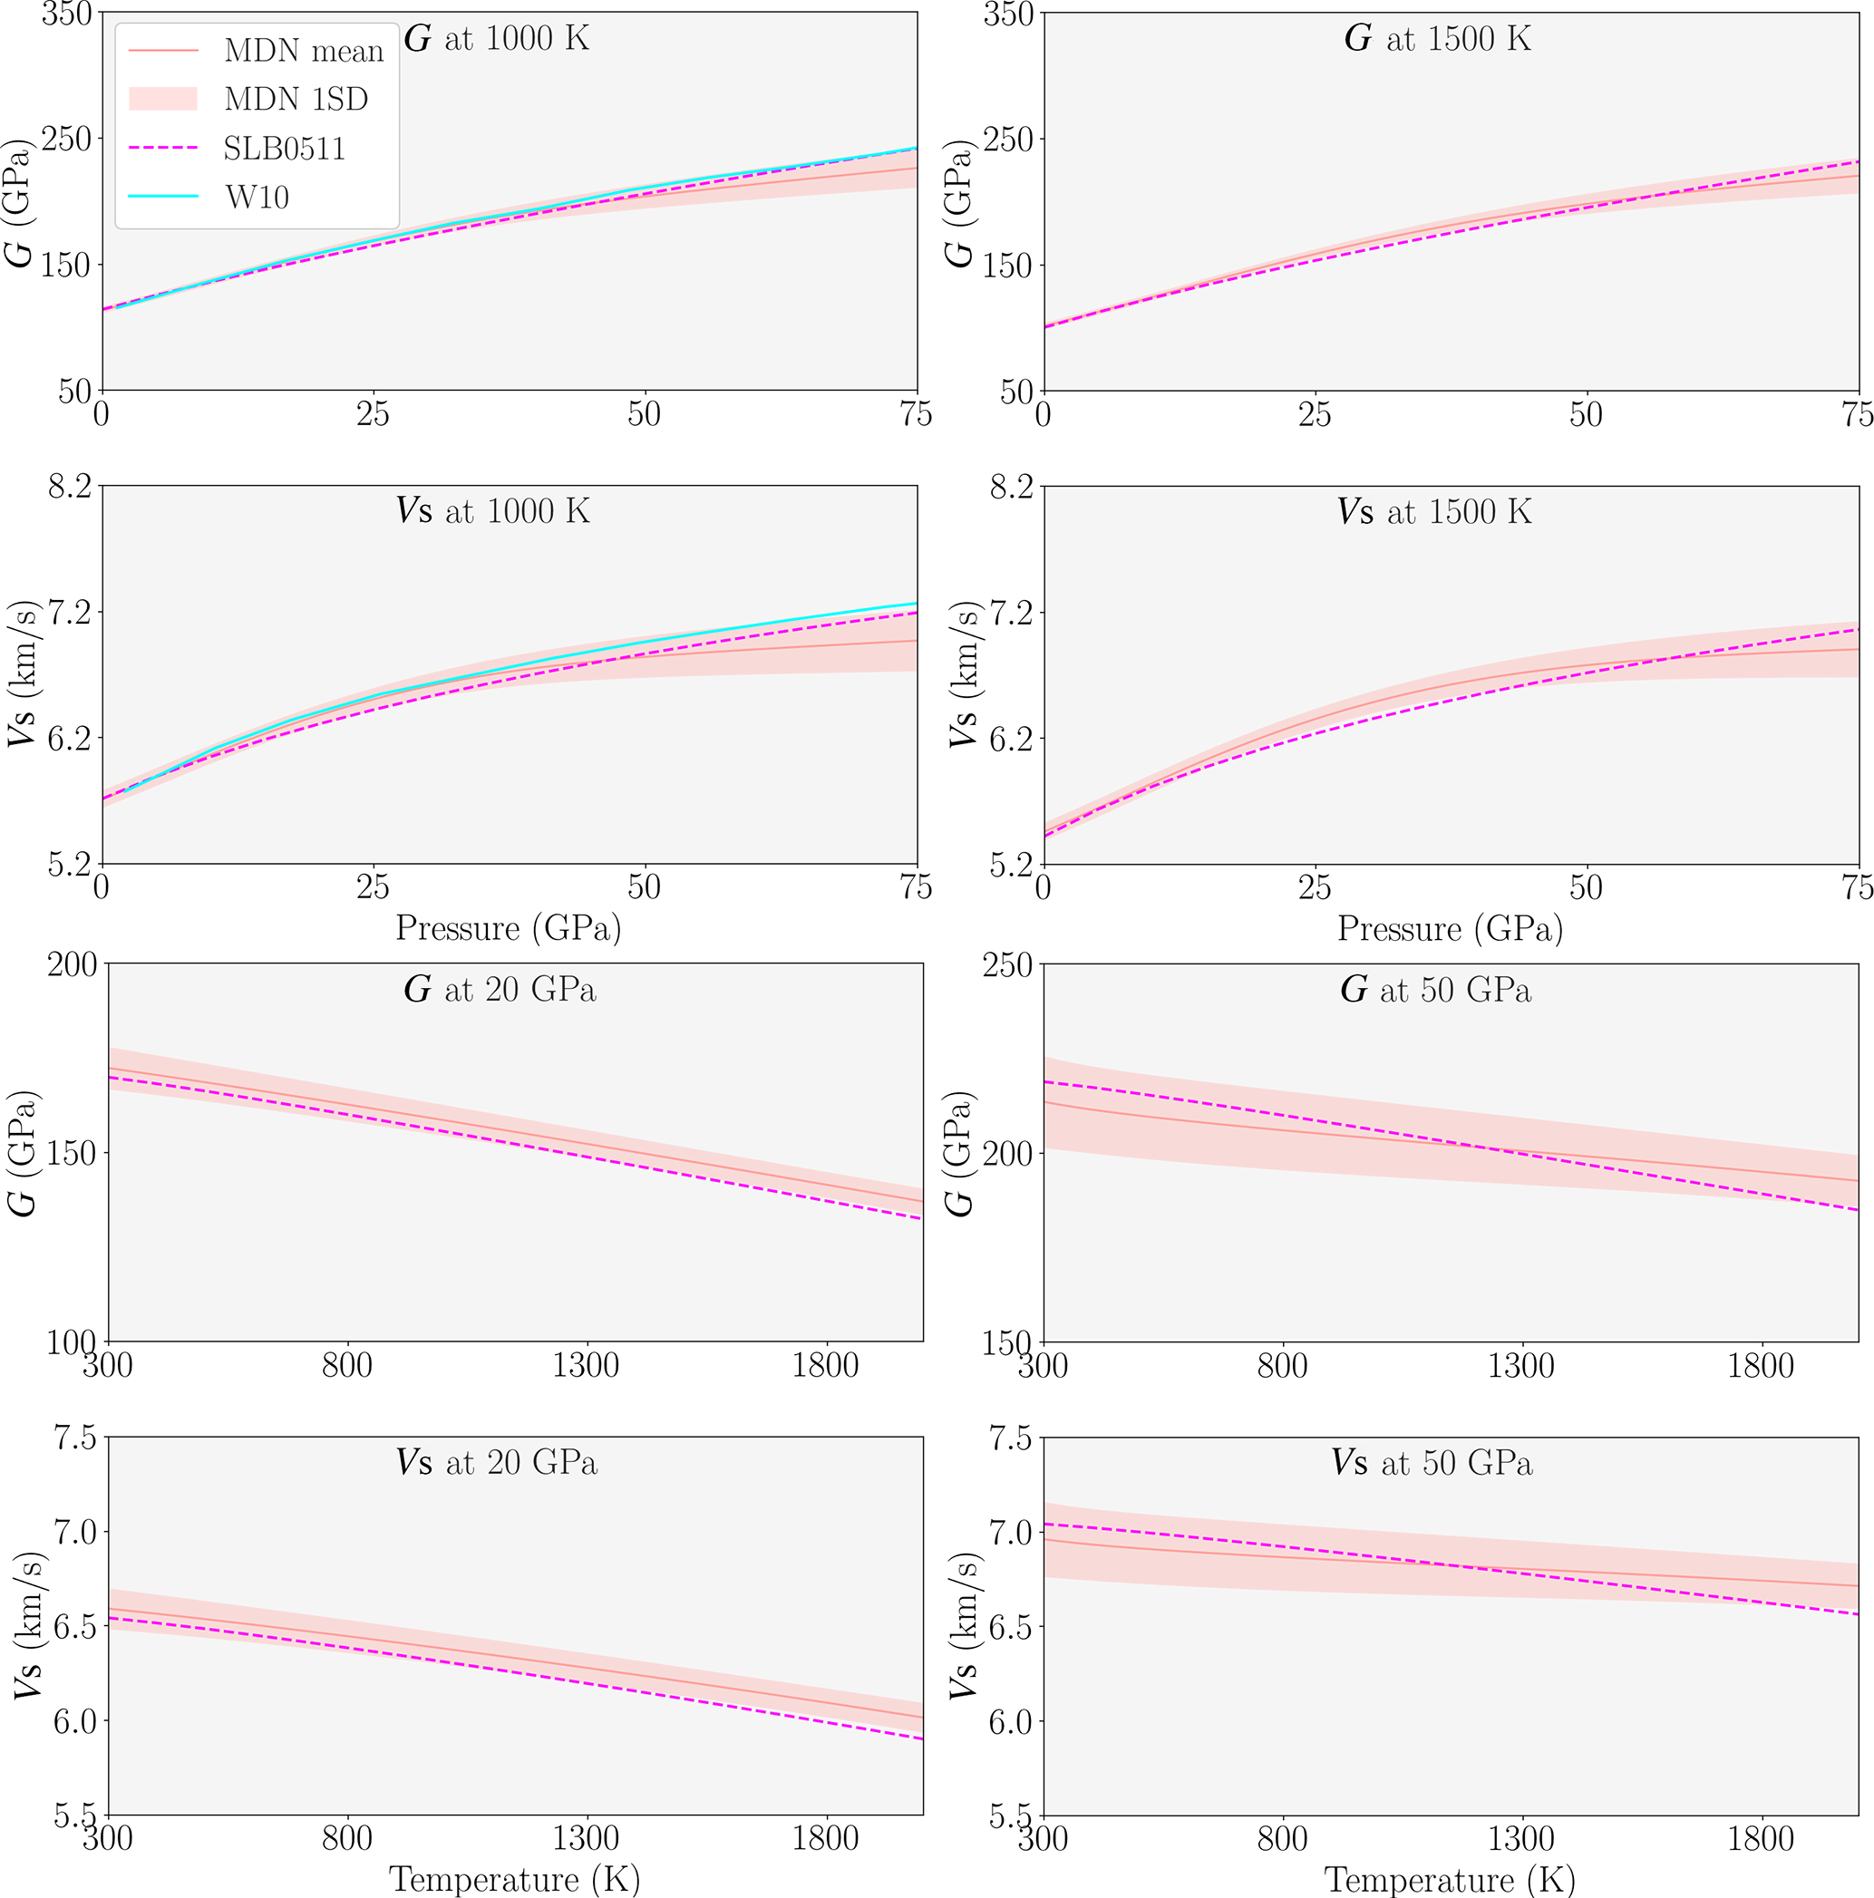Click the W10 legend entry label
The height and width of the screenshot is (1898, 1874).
pyautogui.click(x=257, y=198)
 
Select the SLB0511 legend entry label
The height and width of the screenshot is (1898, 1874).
pyautogui.click(x=284, y=149)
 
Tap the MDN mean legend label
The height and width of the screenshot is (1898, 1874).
pyautogui.click(x=304, y=50)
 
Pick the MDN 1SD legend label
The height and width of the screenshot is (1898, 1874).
pyautogui.click(x=296, y=99)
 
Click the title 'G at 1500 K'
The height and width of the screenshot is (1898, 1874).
pyautogui.click(x=1437, y=39)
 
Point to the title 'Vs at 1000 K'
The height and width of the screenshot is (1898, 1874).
pyautogui.click(x=493, y=512)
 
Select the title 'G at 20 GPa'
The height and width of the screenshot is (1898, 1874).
pyautogui.click(x=500, y=989)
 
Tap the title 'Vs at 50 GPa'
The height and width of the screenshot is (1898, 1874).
pyautogui.click(x=1432, y=1464)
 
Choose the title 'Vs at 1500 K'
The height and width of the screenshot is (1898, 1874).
pyautogui.click(x=1433, y=512)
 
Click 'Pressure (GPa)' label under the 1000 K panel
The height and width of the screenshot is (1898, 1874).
pyautogui.click(x=508, y=928)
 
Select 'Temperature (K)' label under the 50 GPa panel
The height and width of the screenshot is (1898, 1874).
pyautogui.click(x=1450, y=1879)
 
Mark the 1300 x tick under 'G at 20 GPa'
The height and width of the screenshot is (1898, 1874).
pyautogui.click(x=587, y=1367)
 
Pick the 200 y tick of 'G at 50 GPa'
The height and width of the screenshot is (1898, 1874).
pyautogui.click(x=1007, y=1153)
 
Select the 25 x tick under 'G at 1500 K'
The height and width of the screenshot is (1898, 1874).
pyautogui.click(x=1315, y=415)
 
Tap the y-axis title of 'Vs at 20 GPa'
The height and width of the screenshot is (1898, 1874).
pyautogui.click(x=25, y=1626)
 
